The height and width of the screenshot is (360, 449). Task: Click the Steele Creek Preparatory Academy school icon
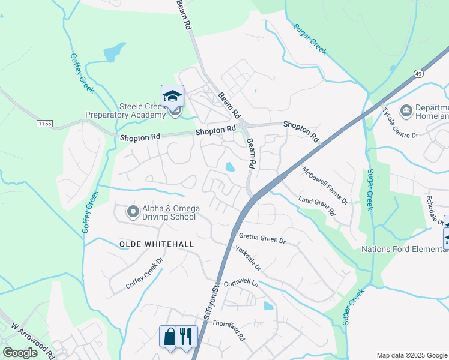172,95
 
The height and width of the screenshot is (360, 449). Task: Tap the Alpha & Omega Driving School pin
133,211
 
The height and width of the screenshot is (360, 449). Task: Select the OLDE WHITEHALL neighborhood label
149,244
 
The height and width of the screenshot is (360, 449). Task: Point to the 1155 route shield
44,124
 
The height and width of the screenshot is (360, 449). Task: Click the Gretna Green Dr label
262,238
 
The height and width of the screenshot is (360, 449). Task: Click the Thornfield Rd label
229,329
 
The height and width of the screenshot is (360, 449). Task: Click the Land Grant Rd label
316,206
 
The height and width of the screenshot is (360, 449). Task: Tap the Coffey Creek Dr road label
144,274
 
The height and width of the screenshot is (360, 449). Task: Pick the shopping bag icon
169,336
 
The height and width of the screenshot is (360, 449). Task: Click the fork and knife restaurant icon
186,336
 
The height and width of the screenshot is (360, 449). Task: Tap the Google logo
20,352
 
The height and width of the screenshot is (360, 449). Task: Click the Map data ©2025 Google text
411,355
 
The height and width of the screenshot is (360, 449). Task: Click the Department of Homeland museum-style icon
406,110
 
